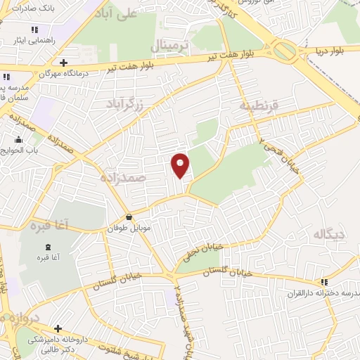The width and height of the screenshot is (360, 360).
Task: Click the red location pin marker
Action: coord(181,165)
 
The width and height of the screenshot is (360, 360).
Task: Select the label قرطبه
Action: coord(259,106)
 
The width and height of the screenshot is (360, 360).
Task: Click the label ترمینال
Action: coord(170,46)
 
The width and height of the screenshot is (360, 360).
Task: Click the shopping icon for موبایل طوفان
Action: coord(129,217)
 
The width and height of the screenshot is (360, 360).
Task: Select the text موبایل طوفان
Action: coord(128,229)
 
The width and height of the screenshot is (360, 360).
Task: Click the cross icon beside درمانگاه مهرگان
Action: coord(63,63)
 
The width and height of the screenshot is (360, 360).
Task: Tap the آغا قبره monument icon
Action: coord(48,246)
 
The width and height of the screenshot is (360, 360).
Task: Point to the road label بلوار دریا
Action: coord(330,51)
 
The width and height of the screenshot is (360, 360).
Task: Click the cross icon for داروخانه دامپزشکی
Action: coord(58,328)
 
